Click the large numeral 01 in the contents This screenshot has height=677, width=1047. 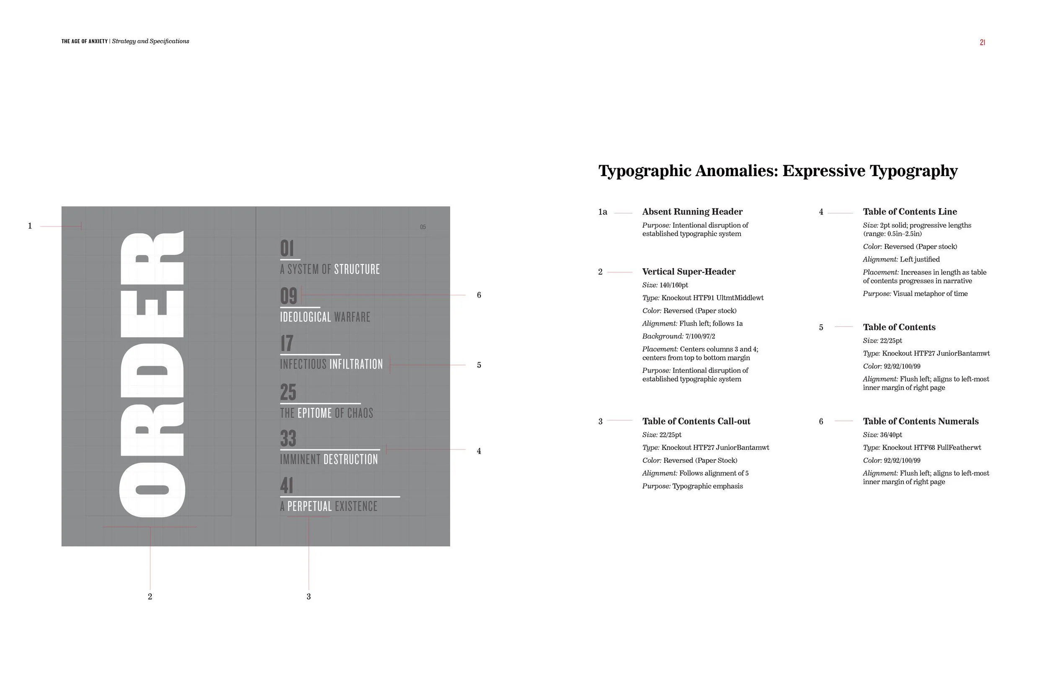287,249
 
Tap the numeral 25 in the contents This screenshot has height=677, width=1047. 288,392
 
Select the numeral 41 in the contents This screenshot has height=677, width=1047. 286,486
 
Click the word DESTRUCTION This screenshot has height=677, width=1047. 351,459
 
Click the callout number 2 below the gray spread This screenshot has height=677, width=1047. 150,597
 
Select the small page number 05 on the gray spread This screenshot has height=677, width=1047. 423,227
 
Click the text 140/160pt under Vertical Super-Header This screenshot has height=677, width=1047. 673,285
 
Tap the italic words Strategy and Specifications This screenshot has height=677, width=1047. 150,41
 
